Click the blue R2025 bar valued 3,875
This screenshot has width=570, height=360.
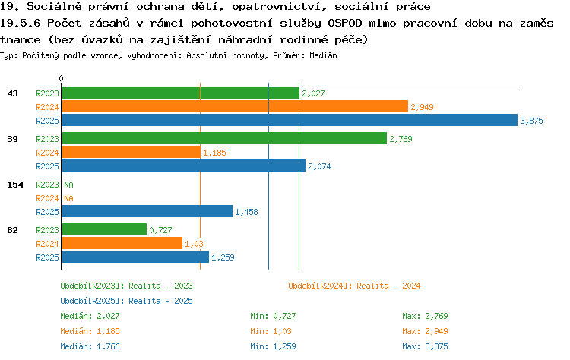pyautogui.click(x=290, y=120)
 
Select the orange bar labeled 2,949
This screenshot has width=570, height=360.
pyautogui.click(x=235, y=106)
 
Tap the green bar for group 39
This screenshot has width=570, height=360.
pyautogui.click(x=224, y=138)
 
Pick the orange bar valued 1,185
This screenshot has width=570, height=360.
pyautogui.click(x=131, y=152)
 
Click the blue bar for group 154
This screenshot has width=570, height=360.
pyautogui.click(x=147, y=211)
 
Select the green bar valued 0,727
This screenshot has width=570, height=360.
pyautogui.click(x=104, y=229)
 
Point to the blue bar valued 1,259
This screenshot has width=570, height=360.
pyautogui.click(x=135, y=257)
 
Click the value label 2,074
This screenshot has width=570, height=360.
pyautogui.click(x=319, y=166)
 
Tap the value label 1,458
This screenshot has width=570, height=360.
pyautogui.click(x=246, y=212)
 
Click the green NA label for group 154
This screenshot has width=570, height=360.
pyautogui.click(x=68, y=185)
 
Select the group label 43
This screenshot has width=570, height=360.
pyautogui.click(x=12, y=93)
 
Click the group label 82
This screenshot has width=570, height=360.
pyautogui.click(x=12, y=230)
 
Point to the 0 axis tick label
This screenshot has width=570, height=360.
pyautogui.click(x=61, y=78)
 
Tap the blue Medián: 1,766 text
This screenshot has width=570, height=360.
pyautogui.click(x=90, y=346)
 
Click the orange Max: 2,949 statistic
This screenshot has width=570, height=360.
pyautogui.click(x=425, y=331)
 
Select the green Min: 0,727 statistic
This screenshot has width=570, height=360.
pyautogui.click(x=273, y=316)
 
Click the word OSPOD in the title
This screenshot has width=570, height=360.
pyautogui.click(x=345, y=23)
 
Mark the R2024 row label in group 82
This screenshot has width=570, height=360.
pyautogui.click(x=47, y=244)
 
